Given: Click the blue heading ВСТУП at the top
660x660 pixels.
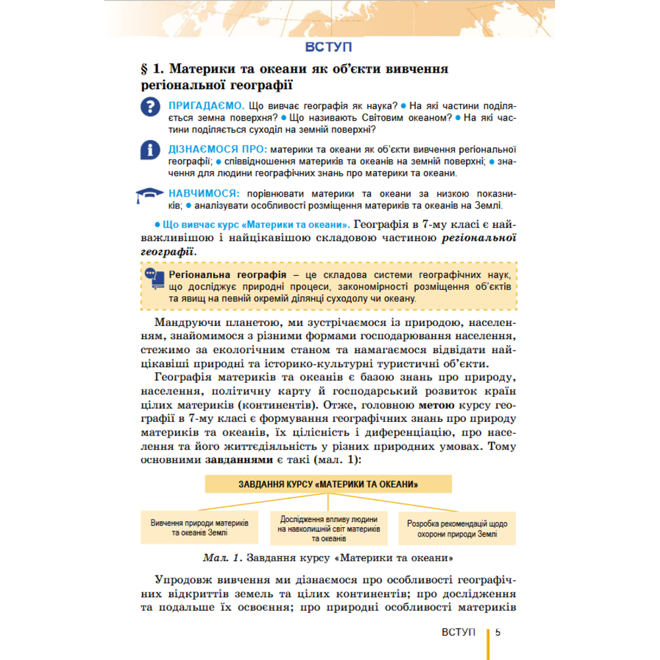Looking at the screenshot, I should (x=329, y=47).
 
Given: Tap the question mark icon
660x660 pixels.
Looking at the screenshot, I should (x=151, y=107).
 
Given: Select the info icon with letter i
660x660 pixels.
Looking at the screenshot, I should (x=151, y=150).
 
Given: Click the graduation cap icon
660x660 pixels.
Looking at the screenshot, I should (x=150, y=195).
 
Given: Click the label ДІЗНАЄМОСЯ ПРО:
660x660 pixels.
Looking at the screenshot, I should (x=218, y=149).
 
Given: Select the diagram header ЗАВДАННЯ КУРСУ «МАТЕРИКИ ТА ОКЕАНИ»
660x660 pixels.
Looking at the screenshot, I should (x=328, y=484).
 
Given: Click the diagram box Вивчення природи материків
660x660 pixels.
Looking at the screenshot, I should (x=199, y=527).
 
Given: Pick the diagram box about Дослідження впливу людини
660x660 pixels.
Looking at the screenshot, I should (x=328, y=528).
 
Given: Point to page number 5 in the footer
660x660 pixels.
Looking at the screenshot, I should (x=498, y=632).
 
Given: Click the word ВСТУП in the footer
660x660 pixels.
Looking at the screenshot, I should (x=459, y=632).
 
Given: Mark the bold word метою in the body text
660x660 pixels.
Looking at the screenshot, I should (x=436, y=405).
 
